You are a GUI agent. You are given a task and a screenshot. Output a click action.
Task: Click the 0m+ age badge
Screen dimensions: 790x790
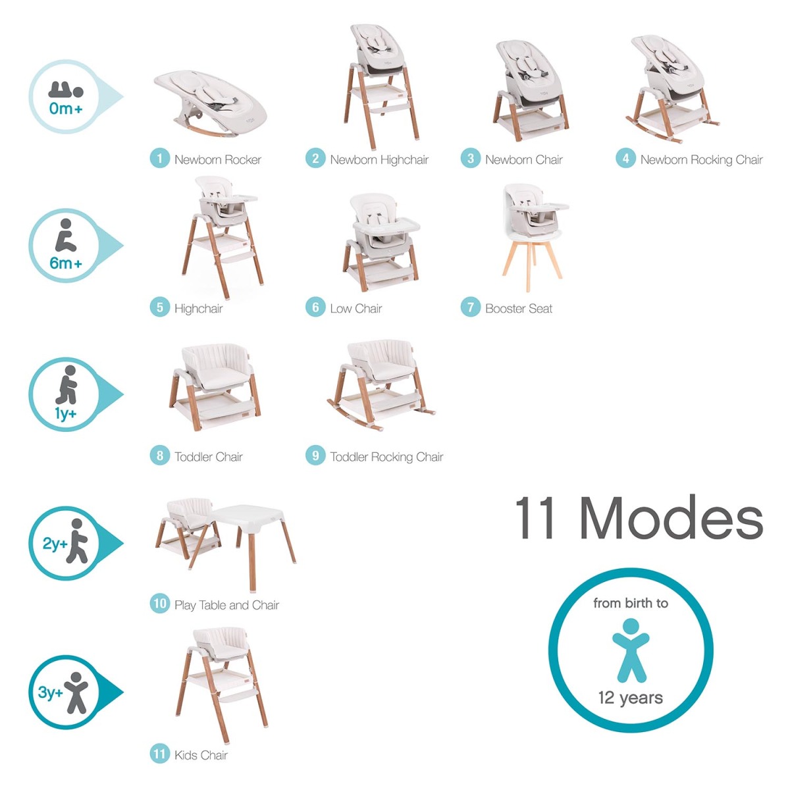[x=66, y=97]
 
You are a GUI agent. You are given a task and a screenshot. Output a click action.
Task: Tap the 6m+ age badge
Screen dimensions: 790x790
[x=65, y=246]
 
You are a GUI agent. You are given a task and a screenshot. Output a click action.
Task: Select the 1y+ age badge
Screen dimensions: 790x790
[x=65, y=395]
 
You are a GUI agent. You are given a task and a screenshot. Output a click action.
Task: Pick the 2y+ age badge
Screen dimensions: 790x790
[x=65, y=544]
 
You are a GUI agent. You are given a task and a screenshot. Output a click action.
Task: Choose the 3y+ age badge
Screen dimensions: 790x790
[x=65, y=693]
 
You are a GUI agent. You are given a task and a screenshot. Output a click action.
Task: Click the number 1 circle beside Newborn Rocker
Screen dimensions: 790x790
[x=159, y=159]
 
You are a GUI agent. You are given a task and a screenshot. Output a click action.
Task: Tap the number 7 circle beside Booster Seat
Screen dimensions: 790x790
[x=470, y=307]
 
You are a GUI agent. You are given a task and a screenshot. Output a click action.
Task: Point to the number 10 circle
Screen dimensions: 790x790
[x=159, y=604]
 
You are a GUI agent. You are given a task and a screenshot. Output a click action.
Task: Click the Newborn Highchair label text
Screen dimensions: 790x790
[x=379, y=159]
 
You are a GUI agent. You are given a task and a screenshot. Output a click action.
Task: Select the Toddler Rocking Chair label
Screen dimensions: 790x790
[x=386, y=457]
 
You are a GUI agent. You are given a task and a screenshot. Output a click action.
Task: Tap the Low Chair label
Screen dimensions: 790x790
[x=355, y=308]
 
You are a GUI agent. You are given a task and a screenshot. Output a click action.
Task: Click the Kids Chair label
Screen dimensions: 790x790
[x=201, y=755]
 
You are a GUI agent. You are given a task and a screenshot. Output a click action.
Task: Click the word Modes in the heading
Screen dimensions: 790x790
[x=671, y=518]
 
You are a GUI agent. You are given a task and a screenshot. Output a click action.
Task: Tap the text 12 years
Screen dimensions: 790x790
[x=631, y=698]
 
